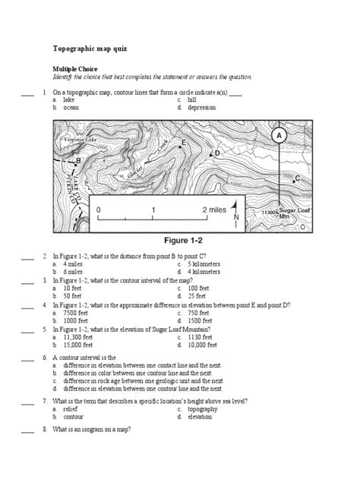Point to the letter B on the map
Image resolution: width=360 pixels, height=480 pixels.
pos(78,161)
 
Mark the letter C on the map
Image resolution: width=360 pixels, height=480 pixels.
pos(297,178)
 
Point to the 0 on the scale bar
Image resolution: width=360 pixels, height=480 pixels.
pos(99,208)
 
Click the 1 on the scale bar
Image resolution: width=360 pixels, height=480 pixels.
pos(153,208)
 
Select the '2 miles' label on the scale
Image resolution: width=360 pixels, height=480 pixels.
pos(215,208)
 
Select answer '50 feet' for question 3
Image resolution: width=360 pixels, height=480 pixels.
pos(73,295)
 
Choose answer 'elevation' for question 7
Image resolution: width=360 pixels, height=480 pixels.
pos(201,416)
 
